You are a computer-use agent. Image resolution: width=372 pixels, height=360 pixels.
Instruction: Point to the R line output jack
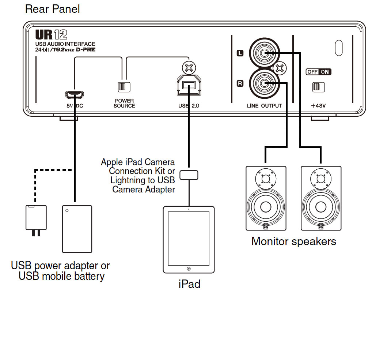click(x=263, y=84)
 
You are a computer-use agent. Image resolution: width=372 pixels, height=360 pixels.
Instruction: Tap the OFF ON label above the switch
click(x=318, y=72)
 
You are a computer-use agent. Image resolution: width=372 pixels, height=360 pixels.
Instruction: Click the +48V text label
click(x=318, y=106)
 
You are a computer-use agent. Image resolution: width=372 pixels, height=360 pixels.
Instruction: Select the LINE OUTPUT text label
click(x=264, y=106)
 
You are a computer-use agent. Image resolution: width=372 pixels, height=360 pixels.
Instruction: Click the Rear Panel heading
click(x=52, y=9)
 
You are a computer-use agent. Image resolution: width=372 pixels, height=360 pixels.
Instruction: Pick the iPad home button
click(x=188, y=269)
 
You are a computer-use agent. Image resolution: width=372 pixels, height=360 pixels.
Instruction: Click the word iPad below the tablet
click(x=189, y=284)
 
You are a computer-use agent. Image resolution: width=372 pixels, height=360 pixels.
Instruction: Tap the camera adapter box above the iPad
click(x=189, y=175)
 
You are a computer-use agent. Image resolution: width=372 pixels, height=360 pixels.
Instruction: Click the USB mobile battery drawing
click(x=77, y=229)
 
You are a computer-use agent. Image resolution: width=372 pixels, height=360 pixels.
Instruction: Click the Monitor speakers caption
click(x=294, y=241)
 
